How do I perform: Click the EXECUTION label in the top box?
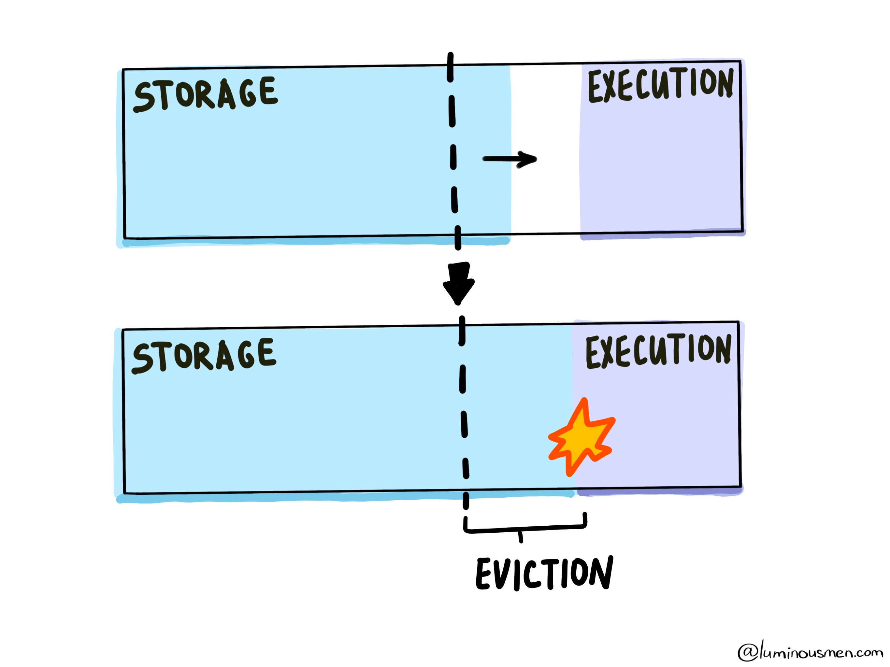660,84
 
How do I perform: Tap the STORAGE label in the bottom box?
204,356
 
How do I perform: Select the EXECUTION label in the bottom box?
658,351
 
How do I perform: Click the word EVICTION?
544,574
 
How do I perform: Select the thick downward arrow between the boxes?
459,282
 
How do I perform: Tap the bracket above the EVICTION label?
525,527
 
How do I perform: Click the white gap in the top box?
545,121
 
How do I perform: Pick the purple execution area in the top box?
660,169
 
